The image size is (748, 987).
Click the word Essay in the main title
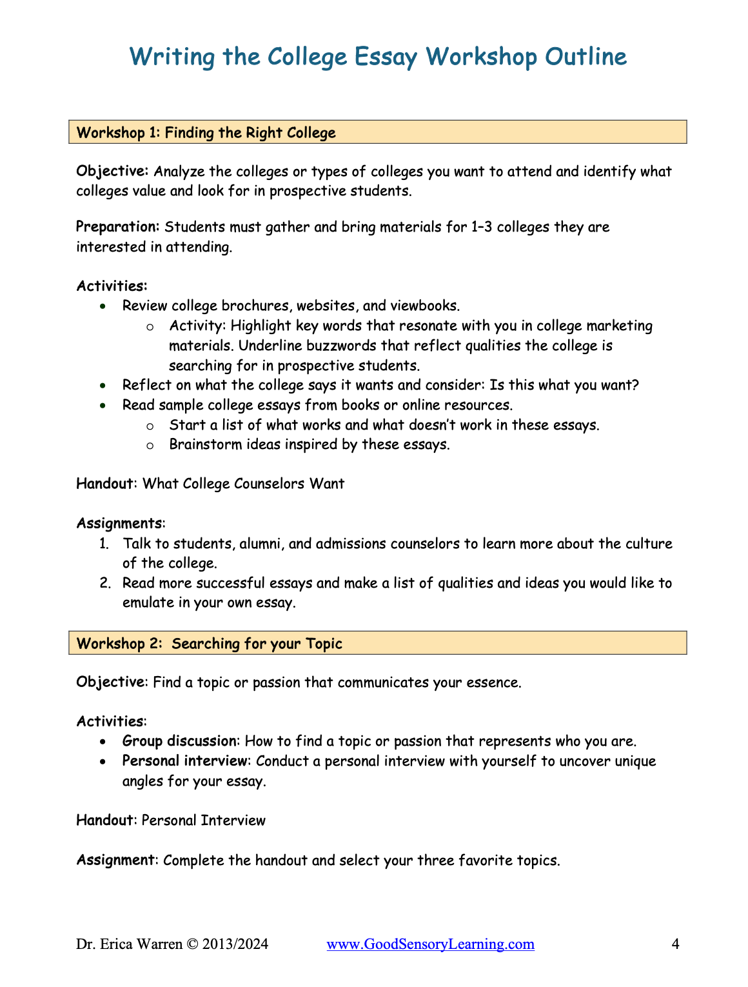[x=386, y=57]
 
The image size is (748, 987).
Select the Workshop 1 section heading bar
[x=377, y=132]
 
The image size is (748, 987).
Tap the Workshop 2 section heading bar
[x=377, y=643]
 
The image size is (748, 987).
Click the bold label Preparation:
[x=117, y=227]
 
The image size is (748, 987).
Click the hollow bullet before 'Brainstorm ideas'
[x=150, y=445]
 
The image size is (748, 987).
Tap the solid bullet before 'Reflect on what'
[x=103, y=386]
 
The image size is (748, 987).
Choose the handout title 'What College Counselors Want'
[x=243, y=484]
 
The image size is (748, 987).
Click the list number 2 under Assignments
[x=105, y=583]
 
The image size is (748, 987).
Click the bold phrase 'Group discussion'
[x=179, y=741]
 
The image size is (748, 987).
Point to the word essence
[x=492, y=683]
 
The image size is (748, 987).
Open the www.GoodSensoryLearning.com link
[x=430, y=944]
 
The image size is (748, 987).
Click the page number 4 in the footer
[x=675, y=944]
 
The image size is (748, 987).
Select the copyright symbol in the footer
[x=192, y=944]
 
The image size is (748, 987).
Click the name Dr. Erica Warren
[x=129, y=944]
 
